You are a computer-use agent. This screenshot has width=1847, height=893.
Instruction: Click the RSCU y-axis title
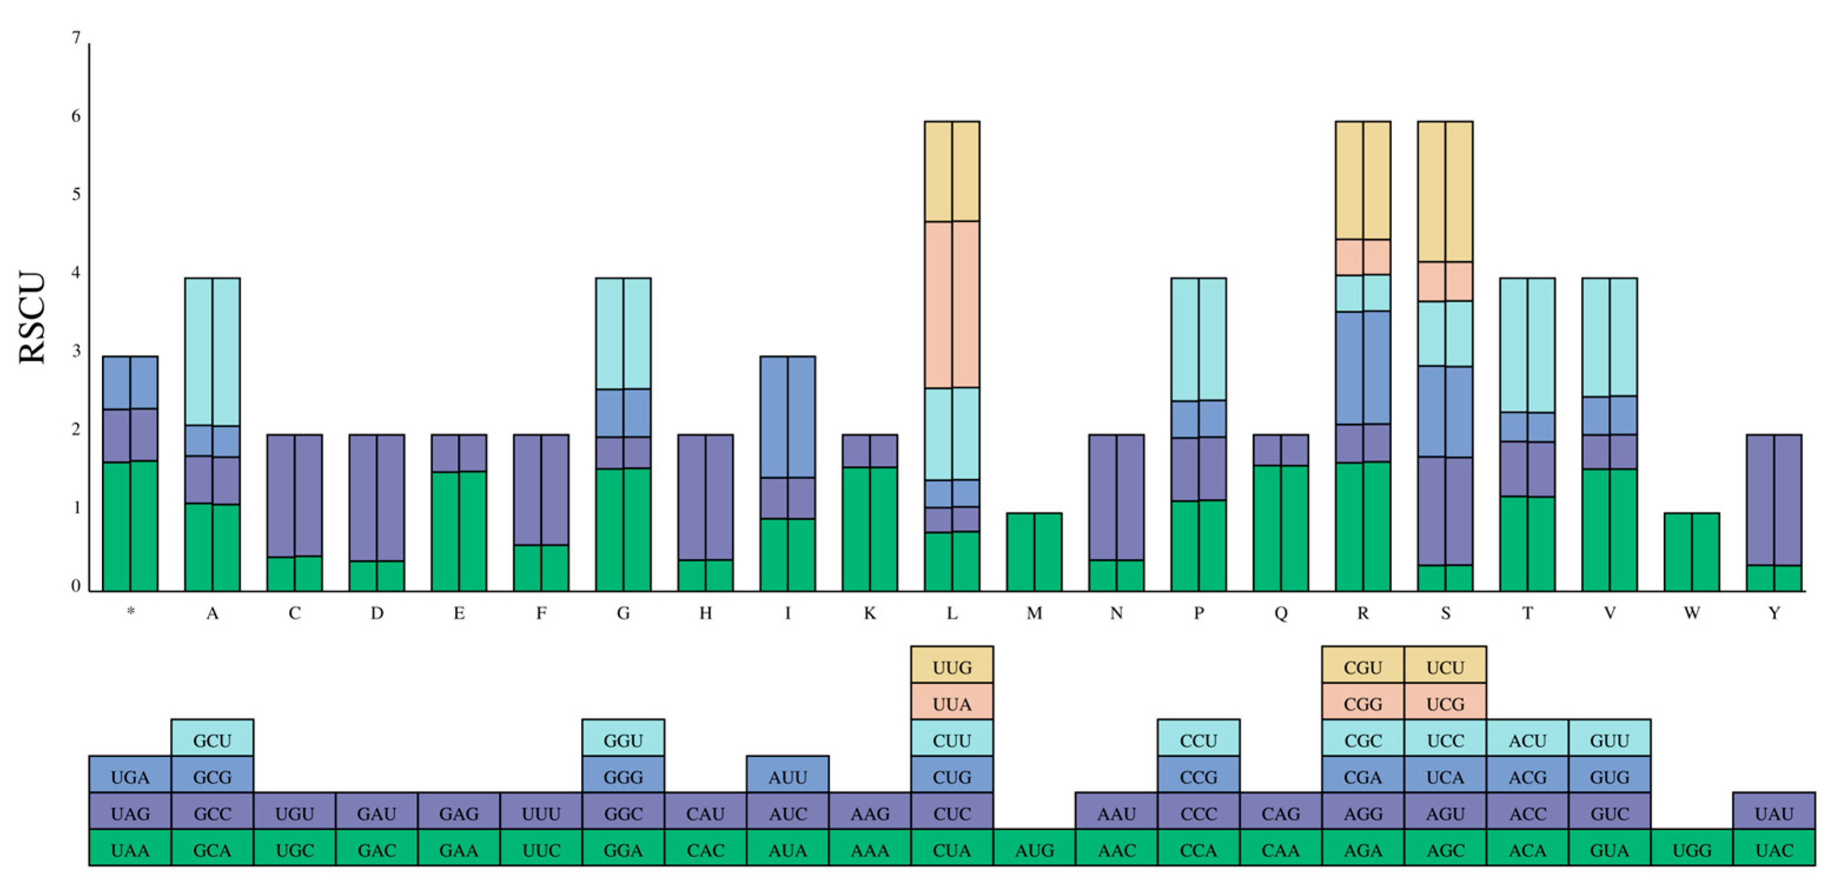[32, 317]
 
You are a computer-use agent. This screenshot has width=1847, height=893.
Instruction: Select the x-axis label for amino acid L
[951, 613]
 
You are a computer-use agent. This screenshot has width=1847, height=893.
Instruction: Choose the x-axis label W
[1692, 613]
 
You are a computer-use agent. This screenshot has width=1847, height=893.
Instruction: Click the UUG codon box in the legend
[951, 667]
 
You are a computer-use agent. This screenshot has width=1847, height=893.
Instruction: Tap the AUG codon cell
[1034, 851]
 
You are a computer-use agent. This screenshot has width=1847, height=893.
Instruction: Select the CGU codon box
[1362, 667]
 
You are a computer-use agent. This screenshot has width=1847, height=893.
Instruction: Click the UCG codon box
[1445, 704]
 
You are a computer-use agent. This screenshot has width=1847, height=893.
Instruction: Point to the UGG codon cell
[1692, 851]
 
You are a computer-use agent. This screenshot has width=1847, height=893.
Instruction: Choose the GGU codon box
[623, 741]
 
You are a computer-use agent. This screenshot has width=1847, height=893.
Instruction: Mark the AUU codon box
[787, 777]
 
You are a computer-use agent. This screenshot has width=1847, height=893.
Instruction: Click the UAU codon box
[1774, 814]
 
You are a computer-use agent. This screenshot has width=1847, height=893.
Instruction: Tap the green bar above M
[1034, 552]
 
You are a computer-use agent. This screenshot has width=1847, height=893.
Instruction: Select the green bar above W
[1692, 552]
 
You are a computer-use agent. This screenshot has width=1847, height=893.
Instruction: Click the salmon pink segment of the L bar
[951, 304]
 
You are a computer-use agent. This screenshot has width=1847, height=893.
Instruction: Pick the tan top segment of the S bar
[1445, 191]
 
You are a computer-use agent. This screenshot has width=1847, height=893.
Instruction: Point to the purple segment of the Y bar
[1774, 500]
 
